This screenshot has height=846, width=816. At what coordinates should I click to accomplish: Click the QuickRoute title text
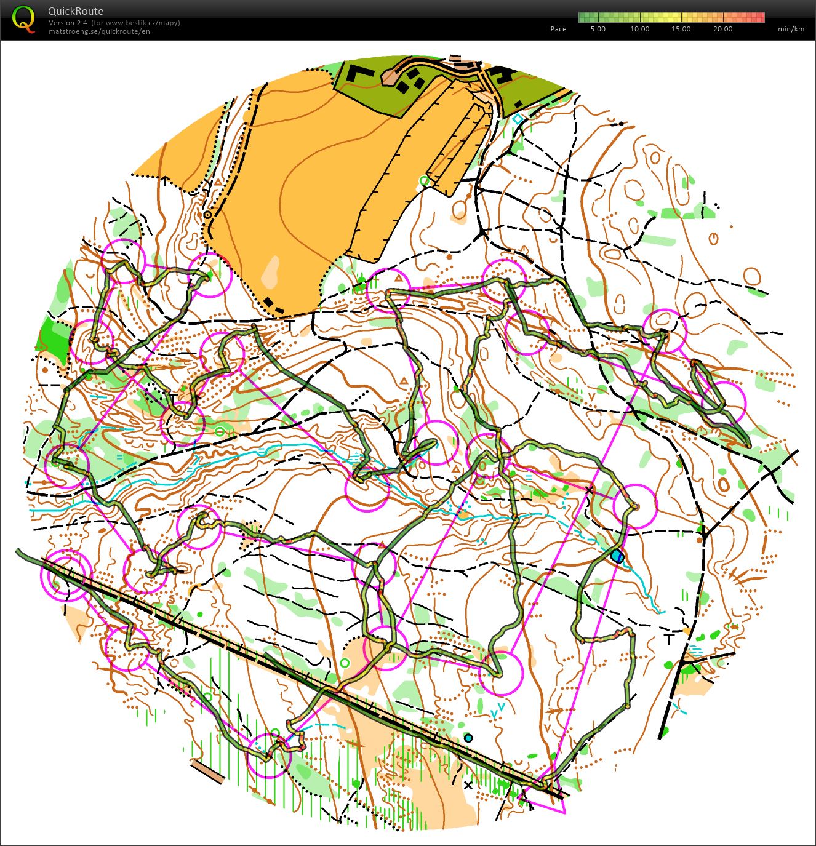point(76,11)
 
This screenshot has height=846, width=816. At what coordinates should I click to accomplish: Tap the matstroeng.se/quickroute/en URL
point(99,31)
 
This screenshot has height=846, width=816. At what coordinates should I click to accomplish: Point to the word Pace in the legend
point(558,29)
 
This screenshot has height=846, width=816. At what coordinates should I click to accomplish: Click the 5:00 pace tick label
point(598,29)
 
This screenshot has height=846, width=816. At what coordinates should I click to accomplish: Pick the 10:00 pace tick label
point(639,29)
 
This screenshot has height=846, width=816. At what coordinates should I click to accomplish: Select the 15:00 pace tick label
point(681,29)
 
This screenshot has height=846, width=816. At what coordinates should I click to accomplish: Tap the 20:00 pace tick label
point(722,29)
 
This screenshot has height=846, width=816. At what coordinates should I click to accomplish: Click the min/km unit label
point(791,29)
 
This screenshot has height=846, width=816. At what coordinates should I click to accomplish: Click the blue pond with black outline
point(617,556)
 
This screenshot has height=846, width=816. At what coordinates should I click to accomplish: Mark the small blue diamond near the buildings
point(518,118)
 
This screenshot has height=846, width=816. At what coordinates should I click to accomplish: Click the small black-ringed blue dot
point(468,738)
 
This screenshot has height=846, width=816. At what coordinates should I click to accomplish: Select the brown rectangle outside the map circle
point(207,772)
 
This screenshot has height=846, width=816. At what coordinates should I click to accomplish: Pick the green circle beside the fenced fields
point(423,180)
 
